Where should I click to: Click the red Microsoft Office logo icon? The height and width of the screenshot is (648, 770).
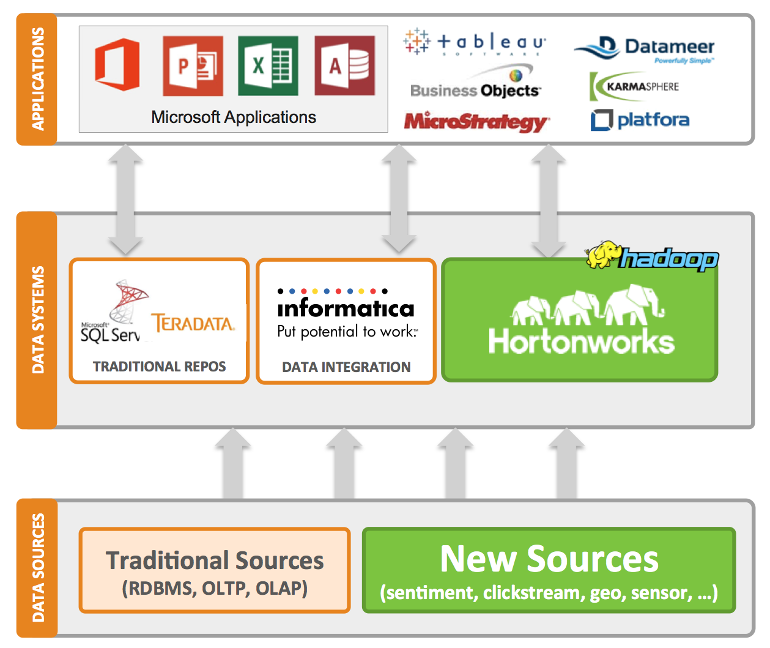117,64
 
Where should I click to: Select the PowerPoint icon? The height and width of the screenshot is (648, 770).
193,65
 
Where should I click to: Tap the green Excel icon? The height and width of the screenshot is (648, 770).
268,65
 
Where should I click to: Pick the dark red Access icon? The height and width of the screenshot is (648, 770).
344,65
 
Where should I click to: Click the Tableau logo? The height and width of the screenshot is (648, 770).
475,42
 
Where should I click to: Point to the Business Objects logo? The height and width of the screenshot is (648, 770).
475,86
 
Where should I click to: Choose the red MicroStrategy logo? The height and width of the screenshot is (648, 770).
476,121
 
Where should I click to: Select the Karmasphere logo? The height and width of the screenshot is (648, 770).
634,86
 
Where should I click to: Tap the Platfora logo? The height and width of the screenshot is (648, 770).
640,119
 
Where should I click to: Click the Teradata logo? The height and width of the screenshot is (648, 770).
193,323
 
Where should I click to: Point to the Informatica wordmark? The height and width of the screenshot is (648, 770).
346,308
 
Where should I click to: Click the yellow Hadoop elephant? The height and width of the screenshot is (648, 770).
604,255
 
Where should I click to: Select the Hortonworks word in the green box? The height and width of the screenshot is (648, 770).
581,342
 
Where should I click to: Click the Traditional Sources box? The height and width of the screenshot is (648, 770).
215,570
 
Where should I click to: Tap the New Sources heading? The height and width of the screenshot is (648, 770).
549,559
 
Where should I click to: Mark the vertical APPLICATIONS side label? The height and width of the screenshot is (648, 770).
37,79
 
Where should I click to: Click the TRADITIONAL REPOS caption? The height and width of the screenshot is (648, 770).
159,367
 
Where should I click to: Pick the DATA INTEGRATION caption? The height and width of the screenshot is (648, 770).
346,367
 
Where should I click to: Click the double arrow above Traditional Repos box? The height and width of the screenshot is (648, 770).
125,199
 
